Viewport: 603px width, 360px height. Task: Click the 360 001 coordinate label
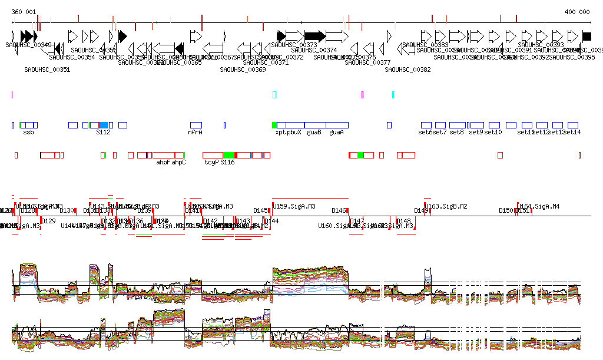(x=24, y=12)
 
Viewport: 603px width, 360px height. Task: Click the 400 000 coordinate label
(x=577, y=12)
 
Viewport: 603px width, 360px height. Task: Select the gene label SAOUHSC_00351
(x=47, y=70)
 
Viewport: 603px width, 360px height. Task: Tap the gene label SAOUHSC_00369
(x=243, y=70)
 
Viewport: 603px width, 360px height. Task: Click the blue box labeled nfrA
(x=196, y=125)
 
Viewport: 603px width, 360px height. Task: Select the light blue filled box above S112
(x=104, y=125)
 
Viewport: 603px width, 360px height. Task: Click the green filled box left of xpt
(x=274, y=125)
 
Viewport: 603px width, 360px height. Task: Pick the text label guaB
(x=314, y=133)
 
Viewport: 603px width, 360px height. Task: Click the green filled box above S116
(x=228, y=155)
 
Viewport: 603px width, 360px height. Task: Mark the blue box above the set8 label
(x=458, y=125)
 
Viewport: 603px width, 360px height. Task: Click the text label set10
(x=493, y=133)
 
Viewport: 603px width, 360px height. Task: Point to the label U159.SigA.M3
(x=294, y=206)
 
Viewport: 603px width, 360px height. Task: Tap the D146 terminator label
(x=339, y=210)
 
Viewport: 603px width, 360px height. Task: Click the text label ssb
(x=28, y=133)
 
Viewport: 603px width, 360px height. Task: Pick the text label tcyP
(x=211, y=162)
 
